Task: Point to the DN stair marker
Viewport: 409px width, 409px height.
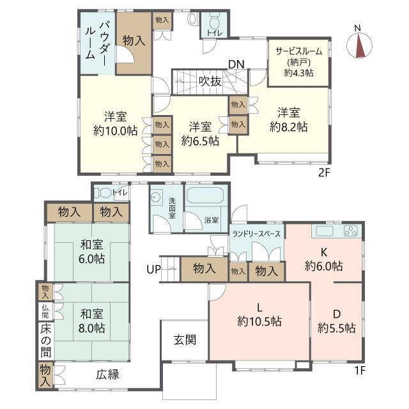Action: tap(236, 64)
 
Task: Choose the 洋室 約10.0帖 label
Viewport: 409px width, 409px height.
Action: tap(115, 123)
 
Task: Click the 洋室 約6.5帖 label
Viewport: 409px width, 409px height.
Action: tap(200, 133)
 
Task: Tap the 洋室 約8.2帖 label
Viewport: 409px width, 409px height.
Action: tap(288, 120)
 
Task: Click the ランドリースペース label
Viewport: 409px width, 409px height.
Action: tap(256, 234)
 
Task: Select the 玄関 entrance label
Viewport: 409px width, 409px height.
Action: tap(183, 339)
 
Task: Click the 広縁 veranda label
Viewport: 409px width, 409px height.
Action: tap(109, 374)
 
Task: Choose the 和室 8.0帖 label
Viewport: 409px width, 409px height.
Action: tap(93, 321)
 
